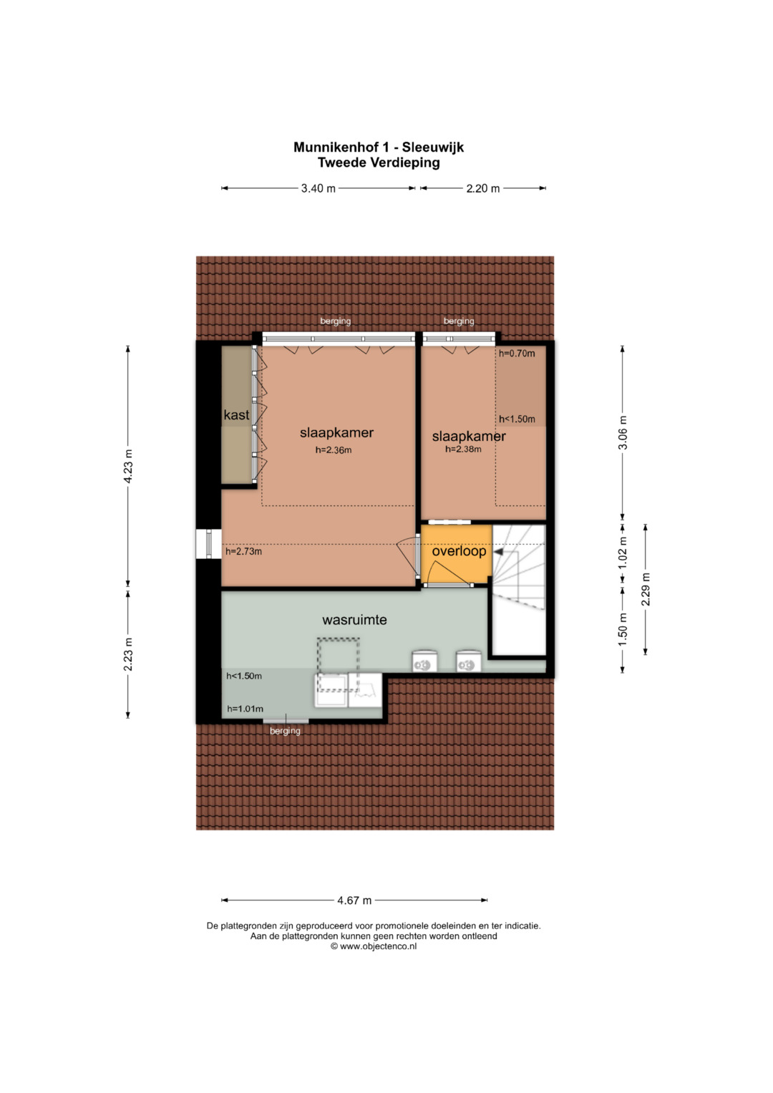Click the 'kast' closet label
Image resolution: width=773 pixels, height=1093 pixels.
[237, 415]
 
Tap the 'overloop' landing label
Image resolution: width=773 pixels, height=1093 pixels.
[460, 551]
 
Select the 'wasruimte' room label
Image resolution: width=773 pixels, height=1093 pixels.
[354, 620]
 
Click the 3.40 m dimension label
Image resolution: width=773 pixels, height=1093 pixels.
[319, 188]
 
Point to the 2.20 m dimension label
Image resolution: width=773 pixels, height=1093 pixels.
[483, 188]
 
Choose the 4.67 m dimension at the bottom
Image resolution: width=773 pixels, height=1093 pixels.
[354, 900]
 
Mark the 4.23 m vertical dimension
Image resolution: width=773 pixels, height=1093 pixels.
[128, 466]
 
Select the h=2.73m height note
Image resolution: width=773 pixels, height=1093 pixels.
[243, 552]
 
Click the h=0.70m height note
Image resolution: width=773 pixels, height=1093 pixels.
[517, 354]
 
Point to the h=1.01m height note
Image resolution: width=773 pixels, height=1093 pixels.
[245, 709]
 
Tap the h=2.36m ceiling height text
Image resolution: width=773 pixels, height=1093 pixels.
[334, 450]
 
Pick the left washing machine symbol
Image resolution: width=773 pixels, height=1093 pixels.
[424, 661]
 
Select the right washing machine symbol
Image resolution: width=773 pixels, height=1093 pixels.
[469, 661]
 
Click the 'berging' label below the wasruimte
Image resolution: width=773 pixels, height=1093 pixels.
[285, 731]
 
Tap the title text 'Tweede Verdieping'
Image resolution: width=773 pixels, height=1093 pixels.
[379, 162]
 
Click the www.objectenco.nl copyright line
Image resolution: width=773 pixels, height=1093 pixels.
[374, 946]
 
